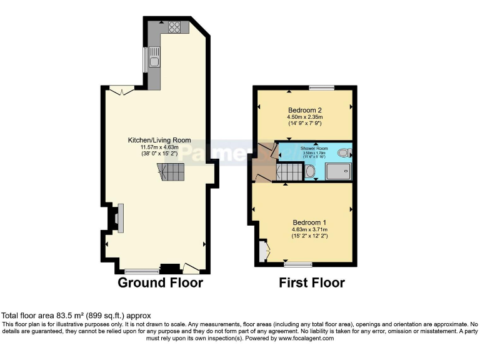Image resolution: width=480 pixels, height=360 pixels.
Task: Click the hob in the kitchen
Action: click(174, 27)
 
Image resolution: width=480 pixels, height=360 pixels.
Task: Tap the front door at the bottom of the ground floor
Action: click(191, 269)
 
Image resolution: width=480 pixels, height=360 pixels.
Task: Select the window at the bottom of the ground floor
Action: click(141, 272)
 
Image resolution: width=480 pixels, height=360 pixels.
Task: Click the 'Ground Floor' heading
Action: click(161, 283)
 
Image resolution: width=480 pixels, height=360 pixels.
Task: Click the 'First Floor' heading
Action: click(311, 283)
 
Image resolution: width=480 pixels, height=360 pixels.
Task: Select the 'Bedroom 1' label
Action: click(309, 222)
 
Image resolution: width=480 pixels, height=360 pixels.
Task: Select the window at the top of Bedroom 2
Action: click(322, 87)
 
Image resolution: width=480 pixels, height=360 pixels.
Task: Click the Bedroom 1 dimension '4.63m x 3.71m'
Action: click(309, 229)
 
